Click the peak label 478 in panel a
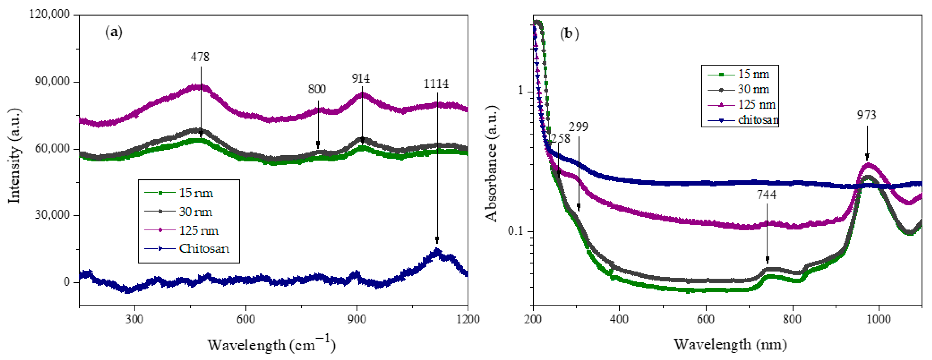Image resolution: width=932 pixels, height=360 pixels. click(x=200, y=57)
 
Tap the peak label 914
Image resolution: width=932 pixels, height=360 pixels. click(x=360, y=78)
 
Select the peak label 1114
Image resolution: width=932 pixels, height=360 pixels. click(x=436, y=84)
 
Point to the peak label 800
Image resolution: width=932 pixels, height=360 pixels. click(x=317, y=89)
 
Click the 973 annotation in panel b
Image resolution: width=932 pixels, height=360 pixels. click(x=866, y=115)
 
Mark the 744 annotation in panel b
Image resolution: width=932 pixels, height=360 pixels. click(x=766, y=195)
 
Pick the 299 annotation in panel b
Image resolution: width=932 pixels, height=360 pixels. click(x=578, y=127)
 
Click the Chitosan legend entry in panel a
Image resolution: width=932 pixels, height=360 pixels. click(x=204, y=249)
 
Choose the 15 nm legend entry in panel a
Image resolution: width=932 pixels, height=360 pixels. click(x=196, y=193)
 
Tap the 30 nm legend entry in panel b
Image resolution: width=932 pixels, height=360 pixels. click(x=753, y=89)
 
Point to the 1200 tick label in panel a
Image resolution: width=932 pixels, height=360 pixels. click(x=468, y=319)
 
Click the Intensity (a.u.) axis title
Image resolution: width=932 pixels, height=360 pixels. click(x=14, y=155)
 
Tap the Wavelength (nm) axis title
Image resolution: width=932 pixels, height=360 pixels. click(x=730, y=344)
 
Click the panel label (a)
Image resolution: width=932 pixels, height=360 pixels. click(x=113, y=33)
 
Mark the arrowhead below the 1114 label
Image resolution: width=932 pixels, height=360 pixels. click(x=437, y=240)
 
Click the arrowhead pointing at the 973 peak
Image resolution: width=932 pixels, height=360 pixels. click(x=867, y=157)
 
